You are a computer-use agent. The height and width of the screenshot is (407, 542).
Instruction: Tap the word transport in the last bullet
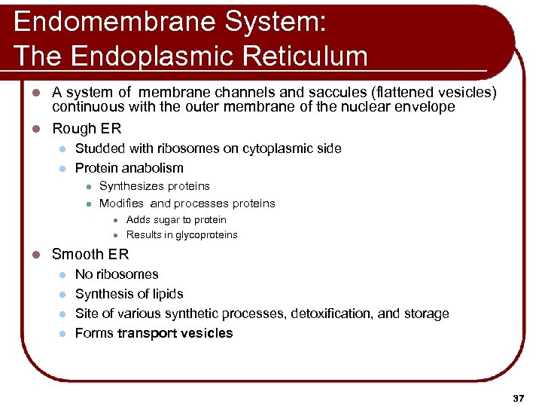pyautogui.click(x=148, y=333)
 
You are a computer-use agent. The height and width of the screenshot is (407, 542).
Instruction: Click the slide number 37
pyautogui.click(x=517, y=397)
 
